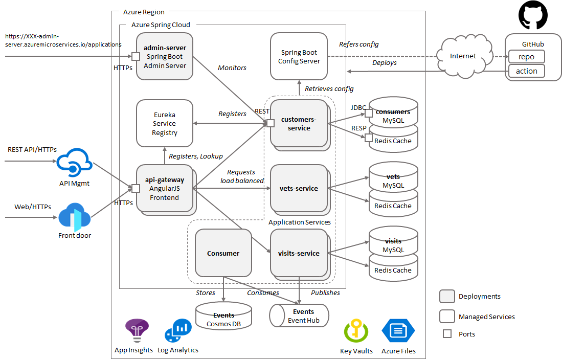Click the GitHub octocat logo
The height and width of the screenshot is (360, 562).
tap(532, 15)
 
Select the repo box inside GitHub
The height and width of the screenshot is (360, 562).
tap(526, 57)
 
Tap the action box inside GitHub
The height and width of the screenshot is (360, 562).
tap(526, 71)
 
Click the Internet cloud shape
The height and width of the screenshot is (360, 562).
tap(463, 56)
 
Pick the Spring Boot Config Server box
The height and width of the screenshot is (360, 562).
tap(299, 56)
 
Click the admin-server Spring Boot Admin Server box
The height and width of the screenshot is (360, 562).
tap(165, 56)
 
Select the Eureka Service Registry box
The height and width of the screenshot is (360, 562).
tap(165, 123)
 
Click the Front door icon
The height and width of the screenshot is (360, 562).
tap(74, 217)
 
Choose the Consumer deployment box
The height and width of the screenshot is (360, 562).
tap(223, 253)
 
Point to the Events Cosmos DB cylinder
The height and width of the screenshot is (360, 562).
tap(223, 316)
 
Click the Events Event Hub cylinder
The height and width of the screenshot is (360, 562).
tap(299, 315)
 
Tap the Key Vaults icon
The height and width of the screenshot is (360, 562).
tap(356, 331)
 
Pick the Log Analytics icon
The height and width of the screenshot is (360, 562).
tap(178, 330)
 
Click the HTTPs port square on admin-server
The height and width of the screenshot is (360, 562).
tap(136, 56)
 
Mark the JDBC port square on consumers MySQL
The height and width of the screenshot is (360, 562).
tap(368, 113)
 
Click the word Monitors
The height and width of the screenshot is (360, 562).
tap(232, 67)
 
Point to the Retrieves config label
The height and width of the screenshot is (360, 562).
tap(329, 88)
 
